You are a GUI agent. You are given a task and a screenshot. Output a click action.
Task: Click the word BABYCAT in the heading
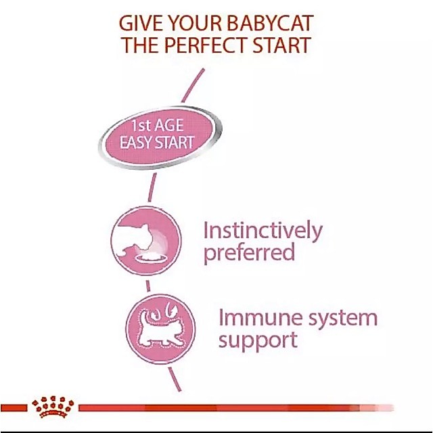(271, 23)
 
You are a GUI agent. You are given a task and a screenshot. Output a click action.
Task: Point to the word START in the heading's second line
(281, 45)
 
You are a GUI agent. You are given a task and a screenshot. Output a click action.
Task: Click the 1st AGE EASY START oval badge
(160, 137)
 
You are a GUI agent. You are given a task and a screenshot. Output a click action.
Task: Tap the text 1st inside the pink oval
(141, 126)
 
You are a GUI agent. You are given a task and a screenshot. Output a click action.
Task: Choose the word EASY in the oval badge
(135, 143)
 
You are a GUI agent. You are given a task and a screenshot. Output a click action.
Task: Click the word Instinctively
(263, 231)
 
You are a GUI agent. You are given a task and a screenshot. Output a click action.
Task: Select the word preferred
(249, 253)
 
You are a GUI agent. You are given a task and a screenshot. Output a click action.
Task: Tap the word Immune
(260, 317)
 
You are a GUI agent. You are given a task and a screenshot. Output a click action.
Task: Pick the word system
(342, 319)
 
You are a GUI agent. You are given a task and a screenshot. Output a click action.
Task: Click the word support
(258, 341)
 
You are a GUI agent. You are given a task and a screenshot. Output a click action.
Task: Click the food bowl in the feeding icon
(152, 258)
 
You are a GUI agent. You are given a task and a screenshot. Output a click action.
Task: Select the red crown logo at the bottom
(53, 407)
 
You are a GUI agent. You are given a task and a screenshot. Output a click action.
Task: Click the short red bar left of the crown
(14, 407)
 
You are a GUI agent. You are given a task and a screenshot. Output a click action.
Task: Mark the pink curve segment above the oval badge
(193, 85)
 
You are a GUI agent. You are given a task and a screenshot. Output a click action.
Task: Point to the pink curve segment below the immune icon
(175, 379)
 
